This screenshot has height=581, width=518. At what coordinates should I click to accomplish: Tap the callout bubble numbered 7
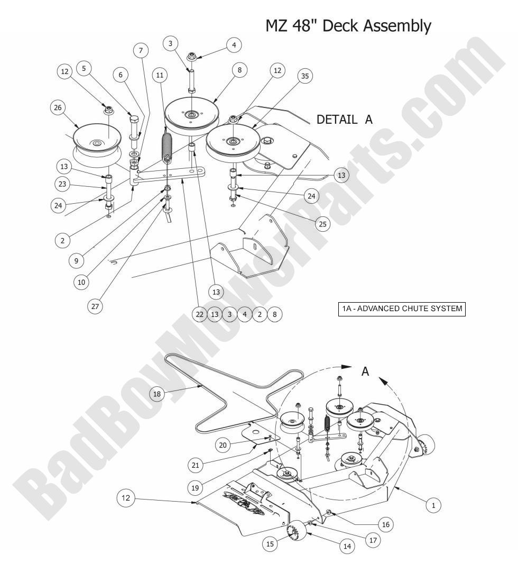pos(141,50)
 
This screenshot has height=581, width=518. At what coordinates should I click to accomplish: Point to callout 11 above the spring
pos(160,75)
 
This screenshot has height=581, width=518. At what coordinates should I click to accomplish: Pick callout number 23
pos(62,185)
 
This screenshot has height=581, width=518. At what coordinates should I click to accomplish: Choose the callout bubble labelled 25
pos(322,224)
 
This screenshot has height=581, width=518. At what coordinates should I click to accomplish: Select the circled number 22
pos(199,314)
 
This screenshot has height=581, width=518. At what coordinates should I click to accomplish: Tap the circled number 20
pos(223,446)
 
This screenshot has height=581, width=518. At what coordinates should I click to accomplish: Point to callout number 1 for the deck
pos(433,505)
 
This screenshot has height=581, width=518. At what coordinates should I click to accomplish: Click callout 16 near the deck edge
pos(385,524)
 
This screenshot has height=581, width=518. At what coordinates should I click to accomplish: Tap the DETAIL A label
pos(344,120)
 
